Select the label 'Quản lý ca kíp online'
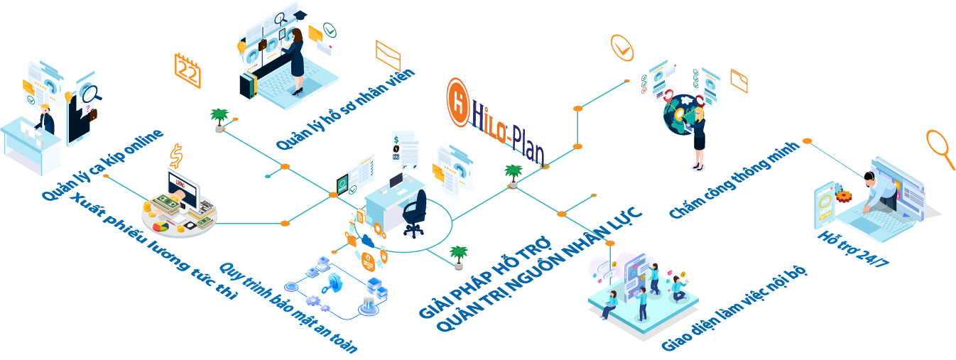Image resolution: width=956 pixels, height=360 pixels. [x=102, y=165]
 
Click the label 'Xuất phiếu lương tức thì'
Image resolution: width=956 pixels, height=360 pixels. [x=153, y=246]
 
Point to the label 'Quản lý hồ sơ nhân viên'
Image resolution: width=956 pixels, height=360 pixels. [x=345, y=110]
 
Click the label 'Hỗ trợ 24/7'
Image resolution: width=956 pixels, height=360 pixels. [x=853, y=249]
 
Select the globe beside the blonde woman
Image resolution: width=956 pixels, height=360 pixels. [x=679, y=114]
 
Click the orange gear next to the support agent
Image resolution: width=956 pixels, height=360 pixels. [x=843, y=195]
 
